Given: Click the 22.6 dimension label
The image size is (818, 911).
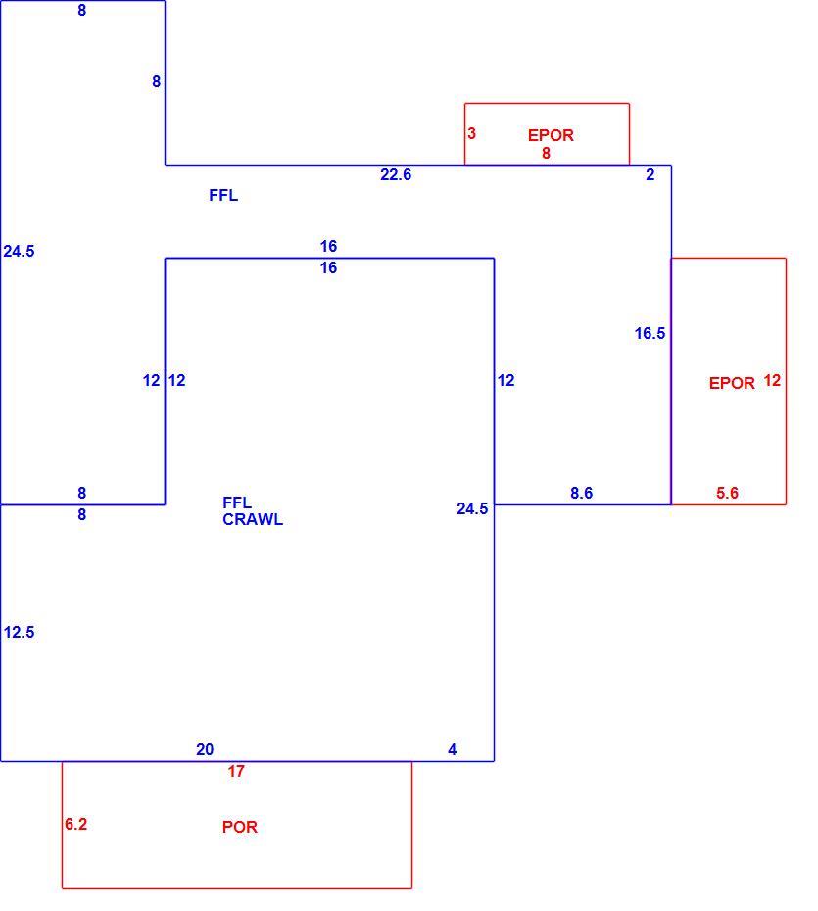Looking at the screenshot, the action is [396, 174].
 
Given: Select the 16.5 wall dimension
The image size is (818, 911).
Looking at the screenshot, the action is [650, 333].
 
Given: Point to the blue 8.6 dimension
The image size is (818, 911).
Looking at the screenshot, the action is [581, 493].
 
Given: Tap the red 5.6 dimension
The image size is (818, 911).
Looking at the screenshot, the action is [727, 493].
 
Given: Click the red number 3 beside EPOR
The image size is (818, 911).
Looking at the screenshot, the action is [471, 133].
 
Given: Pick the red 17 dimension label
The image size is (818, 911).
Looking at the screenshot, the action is [236, 771].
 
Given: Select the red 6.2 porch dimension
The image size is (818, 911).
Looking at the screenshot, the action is [75, 824].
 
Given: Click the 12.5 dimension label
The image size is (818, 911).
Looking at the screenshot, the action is [20, 632].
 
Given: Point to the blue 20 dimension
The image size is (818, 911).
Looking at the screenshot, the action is [205, 749].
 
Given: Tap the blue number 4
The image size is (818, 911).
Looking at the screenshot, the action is [452, 749].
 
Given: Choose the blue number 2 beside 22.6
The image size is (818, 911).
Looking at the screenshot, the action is [650, 174].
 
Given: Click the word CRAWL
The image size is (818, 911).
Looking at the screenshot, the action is [253, 519].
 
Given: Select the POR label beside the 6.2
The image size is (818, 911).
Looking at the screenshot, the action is [239, 827].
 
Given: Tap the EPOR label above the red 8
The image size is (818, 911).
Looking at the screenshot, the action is [551, 135].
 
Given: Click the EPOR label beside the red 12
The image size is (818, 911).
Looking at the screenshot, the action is [732, 383].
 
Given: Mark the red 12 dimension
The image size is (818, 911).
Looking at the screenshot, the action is [772, 380].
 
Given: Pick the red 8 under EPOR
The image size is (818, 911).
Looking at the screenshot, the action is [546, 153].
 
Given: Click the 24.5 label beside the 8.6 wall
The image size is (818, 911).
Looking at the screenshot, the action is [472, 508].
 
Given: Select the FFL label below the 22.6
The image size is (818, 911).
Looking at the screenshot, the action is [223, 195].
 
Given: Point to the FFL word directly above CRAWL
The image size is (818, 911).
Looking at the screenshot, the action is [237, 503].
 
